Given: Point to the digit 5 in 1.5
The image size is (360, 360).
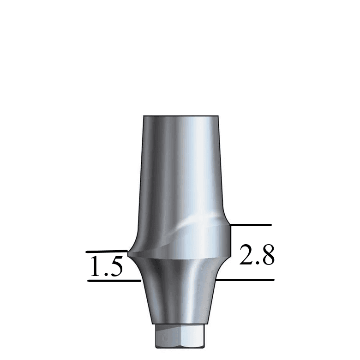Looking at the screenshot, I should [x=115, y=267].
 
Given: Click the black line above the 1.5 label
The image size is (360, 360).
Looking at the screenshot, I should [x=106, y=252].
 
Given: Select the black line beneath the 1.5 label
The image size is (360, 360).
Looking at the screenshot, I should [x=114, y=280].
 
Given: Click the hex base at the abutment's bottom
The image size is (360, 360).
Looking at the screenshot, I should [x=180, y=337].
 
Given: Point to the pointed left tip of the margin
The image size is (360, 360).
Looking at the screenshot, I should [x=128, y=253].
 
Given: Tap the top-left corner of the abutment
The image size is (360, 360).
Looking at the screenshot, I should [x=144, y=116].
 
